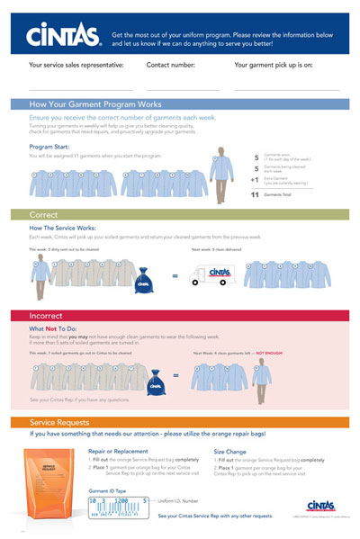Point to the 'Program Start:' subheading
[50, 145]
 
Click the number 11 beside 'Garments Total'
[255, 194]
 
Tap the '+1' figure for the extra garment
[255, 180]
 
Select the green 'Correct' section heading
[43, 216]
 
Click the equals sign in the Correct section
[174, 277]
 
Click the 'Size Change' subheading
[234, 451]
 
